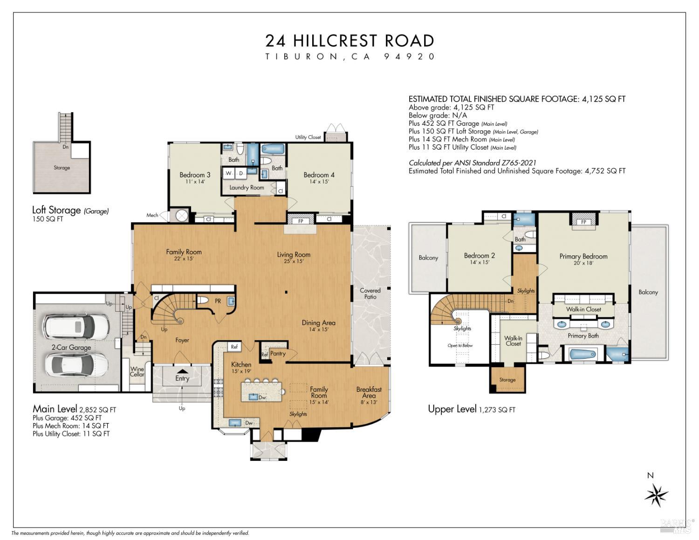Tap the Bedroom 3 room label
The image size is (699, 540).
tap(195, 175)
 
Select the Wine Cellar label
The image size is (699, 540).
tap(137, 372)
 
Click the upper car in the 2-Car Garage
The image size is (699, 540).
tap(76, 327)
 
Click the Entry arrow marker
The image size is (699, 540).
tap(182, 371)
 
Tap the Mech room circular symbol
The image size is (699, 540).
tap(181, 216)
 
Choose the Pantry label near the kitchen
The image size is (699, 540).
tap(278, 354)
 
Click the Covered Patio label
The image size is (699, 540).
tap(370, 294)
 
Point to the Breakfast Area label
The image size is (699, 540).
tap(369, 392)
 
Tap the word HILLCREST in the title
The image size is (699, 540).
tap(335, 41)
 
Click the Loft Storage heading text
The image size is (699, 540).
tap(56, 210)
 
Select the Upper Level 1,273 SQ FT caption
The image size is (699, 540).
tap(471, 409)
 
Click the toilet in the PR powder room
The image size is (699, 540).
tap(202, 301)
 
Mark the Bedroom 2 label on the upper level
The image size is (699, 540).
tap(480, 256)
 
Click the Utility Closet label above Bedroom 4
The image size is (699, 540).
tap(308, 137)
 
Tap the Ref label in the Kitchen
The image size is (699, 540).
tap(234, 347)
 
